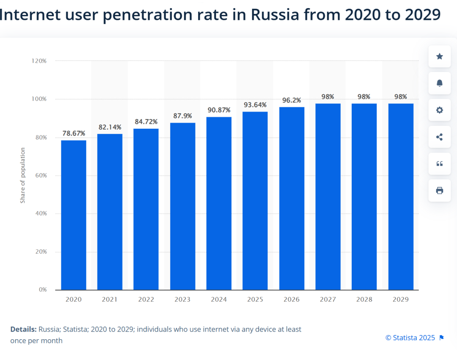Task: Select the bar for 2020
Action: pos(74,215)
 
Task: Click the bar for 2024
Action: pos(219,203)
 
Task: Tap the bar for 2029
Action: pos(401,197)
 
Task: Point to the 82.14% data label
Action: pos(110,127)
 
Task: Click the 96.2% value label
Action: pos(292,100)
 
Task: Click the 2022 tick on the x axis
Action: pos(146,299)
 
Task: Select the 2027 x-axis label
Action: pos(328,299)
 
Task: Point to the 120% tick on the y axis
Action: pos(39,61)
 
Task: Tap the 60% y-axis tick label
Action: pos(40,175)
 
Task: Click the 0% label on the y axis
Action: pos(43,290)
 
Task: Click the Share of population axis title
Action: pos(23,175)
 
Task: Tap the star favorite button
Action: pos(440,56)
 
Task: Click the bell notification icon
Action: pos(440,83)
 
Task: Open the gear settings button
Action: pos(440,110)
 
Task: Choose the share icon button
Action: pos(440,137)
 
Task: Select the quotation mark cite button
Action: pos(440,164)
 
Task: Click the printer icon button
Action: pos(440,191)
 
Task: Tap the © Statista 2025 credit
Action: pos(410,338)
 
